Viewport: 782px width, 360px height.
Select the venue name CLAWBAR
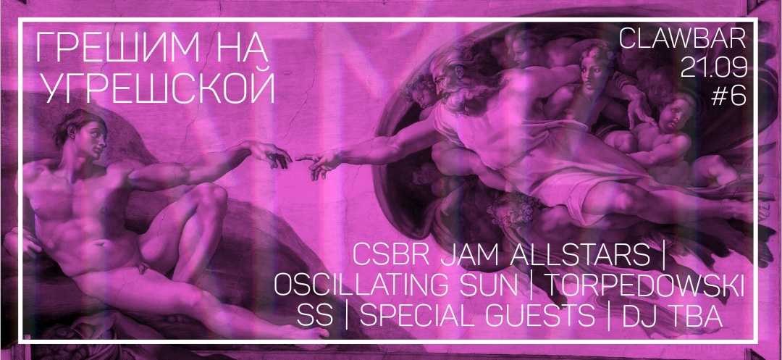(682, 39)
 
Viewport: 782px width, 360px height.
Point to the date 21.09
(714, 67)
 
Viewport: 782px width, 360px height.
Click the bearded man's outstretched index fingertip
(298, 159)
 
